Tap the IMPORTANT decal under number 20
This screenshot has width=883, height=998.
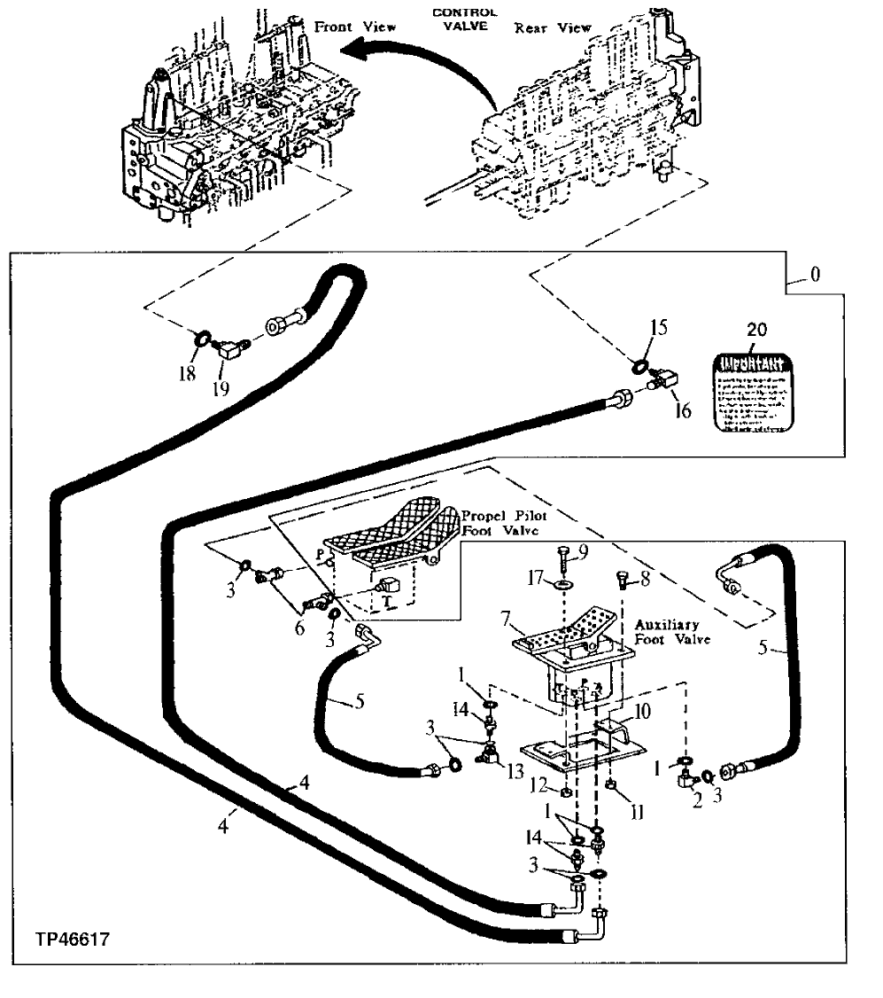point(749,393)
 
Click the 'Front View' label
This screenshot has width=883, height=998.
point(355,27)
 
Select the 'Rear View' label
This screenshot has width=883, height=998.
point(553,28)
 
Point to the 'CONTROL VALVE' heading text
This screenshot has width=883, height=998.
point(463,19)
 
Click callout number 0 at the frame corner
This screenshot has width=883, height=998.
point(814,275)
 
